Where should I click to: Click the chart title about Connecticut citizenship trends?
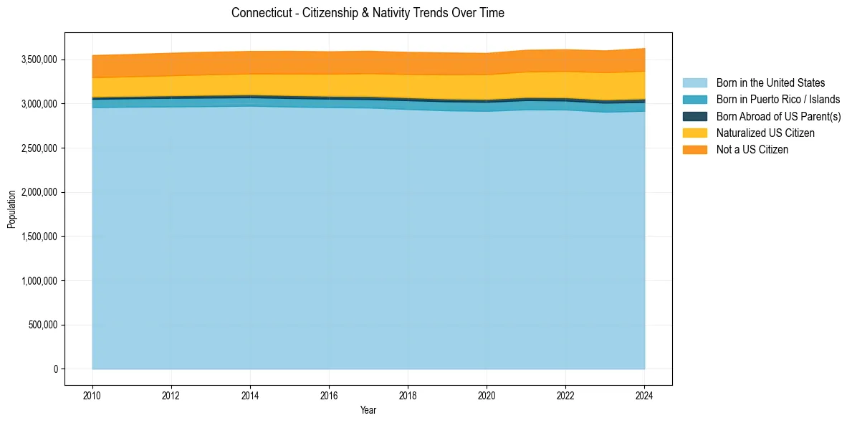[x=368, y=13]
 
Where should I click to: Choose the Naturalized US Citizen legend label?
[x=765, y=133]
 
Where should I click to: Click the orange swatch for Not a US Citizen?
[x=694, y=150]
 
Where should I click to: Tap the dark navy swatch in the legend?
[x=694, y=116]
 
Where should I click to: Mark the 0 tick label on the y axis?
[x=54, y=369]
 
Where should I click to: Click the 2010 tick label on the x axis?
[x=92, y=395]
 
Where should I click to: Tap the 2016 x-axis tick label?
[x=329, y=395]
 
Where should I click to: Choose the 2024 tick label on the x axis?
[x=644, y=395]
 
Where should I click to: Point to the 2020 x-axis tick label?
[x=487, y=395]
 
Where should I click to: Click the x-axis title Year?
[x=368, y=411]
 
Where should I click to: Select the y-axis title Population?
[x=11, y=209]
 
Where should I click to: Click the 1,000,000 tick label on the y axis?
[x=39, y=280]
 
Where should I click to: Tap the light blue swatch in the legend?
[x=694, y=83]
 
